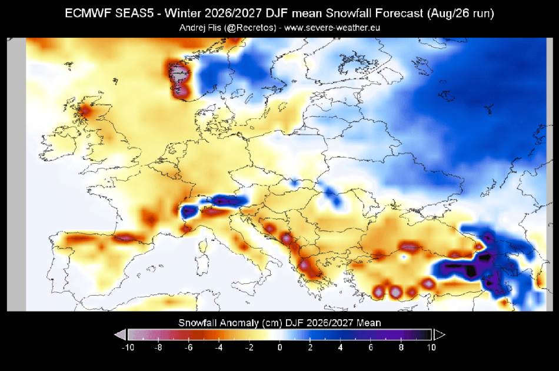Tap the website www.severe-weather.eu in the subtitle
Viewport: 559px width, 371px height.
[x=332, y=28]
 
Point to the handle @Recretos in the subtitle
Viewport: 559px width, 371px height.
[x=250, y=28]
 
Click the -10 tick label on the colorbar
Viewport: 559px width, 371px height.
[x=128, y=347]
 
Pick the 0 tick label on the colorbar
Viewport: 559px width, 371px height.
[x=280, y=347]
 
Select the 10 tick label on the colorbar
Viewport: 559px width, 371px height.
[x=431, y=347]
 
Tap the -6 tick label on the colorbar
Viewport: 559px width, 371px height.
[x=189, y=347]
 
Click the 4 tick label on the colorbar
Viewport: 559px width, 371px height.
[x=341, y=347]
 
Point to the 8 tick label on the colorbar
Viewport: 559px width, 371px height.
[x=401, y=347]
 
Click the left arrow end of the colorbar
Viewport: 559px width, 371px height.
[x=120, y=335]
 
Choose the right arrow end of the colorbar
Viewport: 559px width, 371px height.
[x=439, y=335]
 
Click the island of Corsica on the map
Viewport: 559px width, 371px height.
[x=203, y=246]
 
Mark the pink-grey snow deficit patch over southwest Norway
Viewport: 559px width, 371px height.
[x=179, y=79]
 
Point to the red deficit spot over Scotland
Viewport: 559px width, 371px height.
[x=85, y=111]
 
